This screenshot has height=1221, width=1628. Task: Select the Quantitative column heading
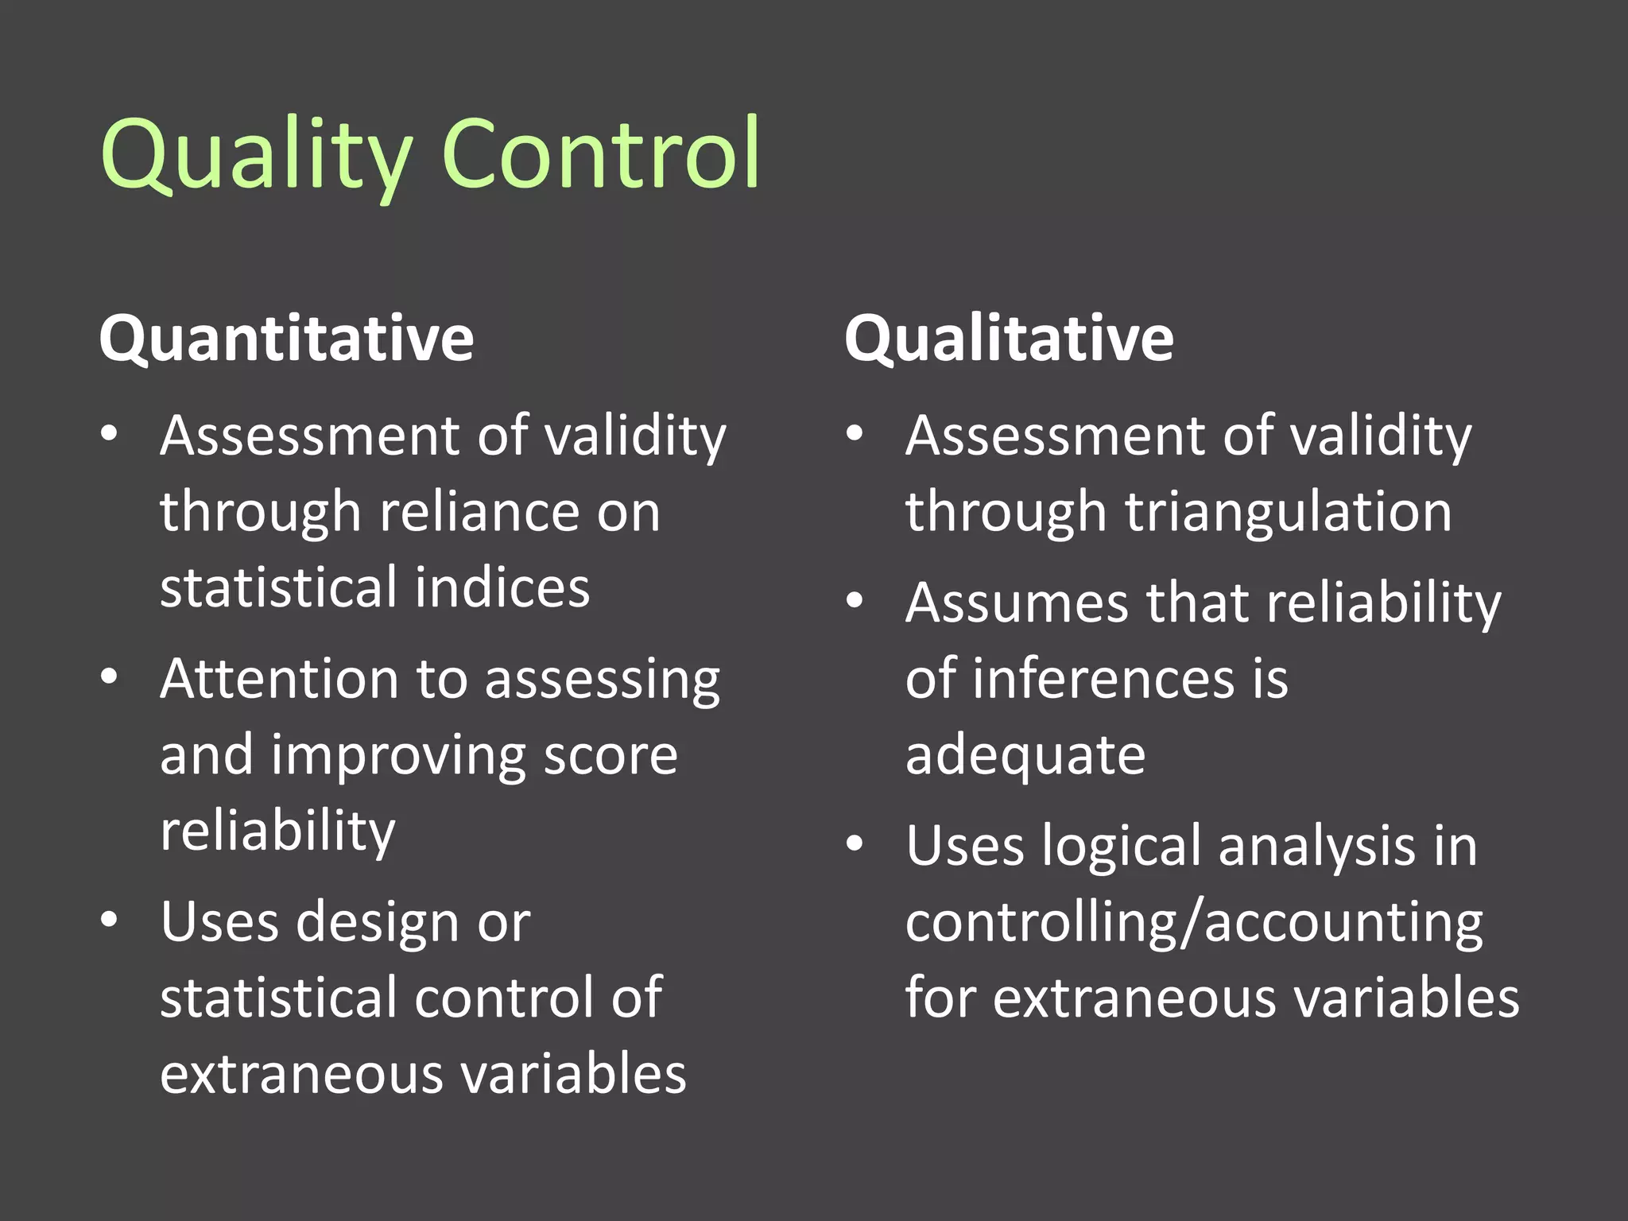[286, 339]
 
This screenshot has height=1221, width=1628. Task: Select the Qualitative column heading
[1009, 339]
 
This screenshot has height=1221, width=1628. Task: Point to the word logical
[1122, 847]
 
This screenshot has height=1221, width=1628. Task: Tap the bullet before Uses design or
[110, 920]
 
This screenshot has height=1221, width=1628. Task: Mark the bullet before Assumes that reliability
[855, 600]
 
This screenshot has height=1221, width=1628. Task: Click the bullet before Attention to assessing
[110, 676]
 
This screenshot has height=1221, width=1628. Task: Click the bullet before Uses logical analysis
[855, 843]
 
